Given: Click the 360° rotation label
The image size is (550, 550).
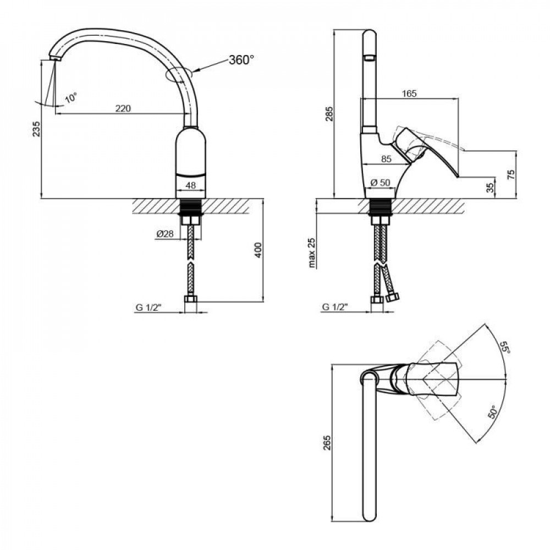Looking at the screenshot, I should point(241,60).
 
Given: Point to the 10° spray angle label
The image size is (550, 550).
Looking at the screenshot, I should point(71,98).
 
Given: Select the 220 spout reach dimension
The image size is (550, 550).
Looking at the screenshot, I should point(123,108).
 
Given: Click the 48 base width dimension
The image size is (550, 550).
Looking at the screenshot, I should point(191,186).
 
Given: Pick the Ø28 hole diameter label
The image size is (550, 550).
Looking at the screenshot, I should point(164,234).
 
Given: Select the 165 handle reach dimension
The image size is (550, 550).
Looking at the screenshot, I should point(409,94).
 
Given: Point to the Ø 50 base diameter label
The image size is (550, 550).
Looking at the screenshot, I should point(380,183).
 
